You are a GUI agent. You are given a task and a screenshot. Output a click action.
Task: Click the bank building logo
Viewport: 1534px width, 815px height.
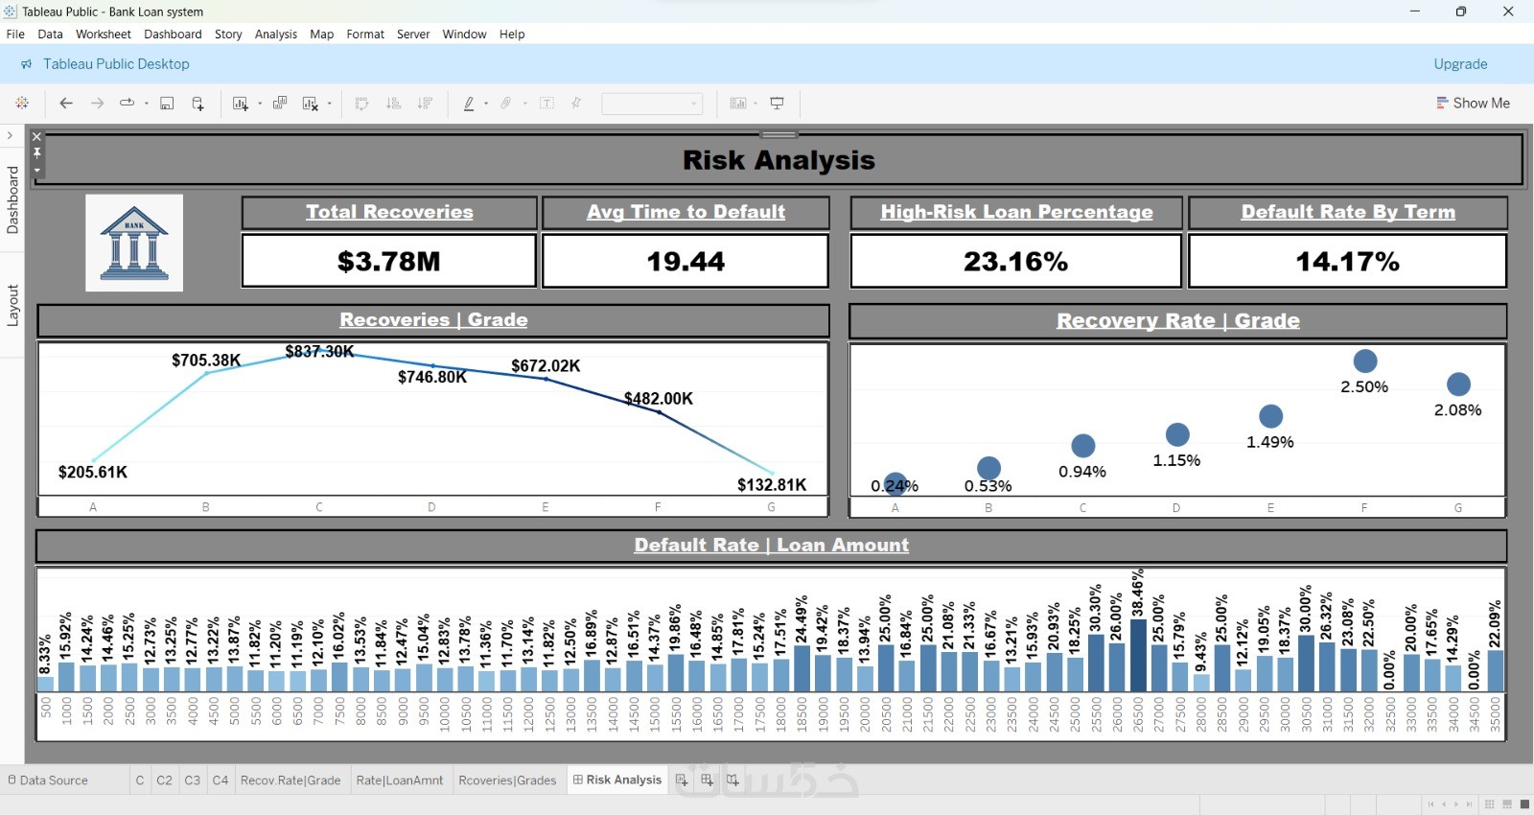134,243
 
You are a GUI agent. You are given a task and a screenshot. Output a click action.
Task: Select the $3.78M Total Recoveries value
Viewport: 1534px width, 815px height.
388,261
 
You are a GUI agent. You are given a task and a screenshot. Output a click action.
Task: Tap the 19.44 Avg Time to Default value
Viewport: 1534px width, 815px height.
686,261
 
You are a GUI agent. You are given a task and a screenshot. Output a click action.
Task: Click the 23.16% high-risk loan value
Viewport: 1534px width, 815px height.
1015,261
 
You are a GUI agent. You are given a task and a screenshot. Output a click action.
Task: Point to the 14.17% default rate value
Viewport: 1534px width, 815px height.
1347,261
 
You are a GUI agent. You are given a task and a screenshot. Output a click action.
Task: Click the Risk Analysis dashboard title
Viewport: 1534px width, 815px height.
779,160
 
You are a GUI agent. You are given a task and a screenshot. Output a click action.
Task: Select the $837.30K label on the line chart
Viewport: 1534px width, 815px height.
319,352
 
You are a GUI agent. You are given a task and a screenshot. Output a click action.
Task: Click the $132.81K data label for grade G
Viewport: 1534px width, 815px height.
772,484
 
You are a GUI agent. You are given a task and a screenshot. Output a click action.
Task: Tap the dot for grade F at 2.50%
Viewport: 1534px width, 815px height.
1365,361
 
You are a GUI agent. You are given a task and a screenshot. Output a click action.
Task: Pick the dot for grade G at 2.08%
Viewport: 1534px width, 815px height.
1458,384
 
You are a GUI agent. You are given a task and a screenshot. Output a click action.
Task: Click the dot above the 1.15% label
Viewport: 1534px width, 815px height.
1177,434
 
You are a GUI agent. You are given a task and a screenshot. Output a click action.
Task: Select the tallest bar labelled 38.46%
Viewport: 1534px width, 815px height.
1138,655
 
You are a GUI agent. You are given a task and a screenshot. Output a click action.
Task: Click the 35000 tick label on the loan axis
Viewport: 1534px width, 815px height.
1496,714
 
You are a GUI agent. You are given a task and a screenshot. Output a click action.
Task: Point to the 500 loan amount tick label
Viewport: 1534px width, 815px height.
45,709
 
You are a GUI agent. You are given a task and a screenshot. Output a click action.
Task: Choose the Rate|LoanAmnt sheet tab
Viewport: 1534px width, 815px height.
399,780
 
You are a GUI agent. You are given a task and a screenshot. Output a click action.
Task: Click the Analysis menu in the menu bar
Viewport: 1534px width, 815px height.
275,35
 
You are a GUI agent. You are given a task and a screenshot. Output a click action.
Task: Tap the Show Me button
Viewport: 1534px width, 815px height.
1473,103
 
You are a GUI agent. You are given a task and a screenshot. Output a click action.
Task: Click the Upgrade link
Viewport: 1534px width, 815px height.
1460,64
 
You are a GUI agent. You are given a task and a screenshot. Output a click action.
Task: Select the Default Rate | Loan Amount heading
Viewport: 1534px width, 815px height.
771,545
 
